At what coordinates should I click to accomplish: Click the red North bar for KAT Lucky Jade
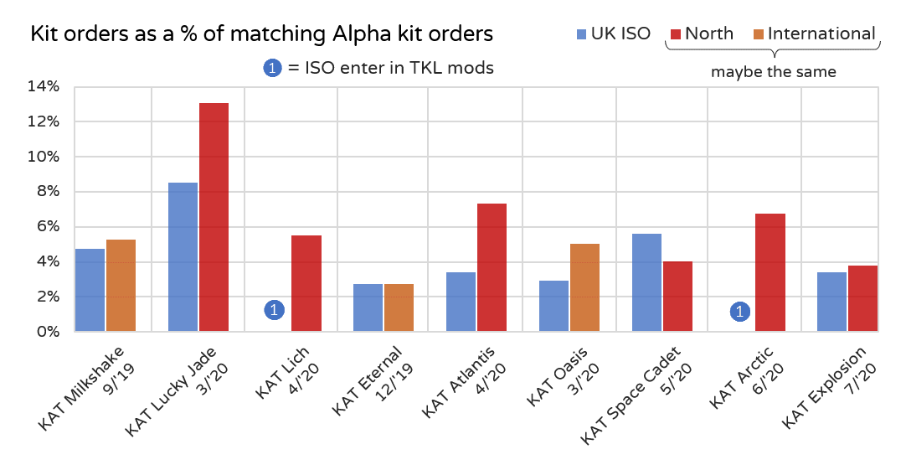(214, 217)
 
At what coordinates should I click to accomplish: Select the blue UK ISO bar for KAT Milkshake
(90, 290)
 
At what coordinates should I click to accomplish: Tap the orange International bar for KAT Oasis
(584, 287)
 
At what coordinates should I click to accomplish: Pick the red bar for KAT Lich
(306, 283)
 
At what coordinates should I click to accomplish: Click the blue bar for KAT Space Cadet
(646, 282)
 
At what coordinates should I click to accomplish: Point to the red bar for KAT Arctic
(770, 272)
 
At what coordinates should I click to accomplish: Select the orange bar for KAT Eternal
(399, 307)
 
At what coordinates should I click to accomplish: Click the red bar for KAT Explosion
(862, 298)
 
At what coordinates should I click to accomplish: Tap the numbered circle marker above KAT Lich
(275, 311)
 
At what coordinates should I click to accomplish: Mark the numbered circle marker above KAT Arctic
(739, 312)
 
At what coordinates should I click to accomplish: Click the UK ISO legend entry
(613, 34)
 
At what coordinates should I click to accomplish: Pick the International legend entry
(812, 34)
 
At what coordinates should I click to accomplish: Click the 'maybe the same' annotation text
(773, 72)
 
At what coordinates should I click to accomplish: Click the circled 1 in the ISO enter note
(272, 69)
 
